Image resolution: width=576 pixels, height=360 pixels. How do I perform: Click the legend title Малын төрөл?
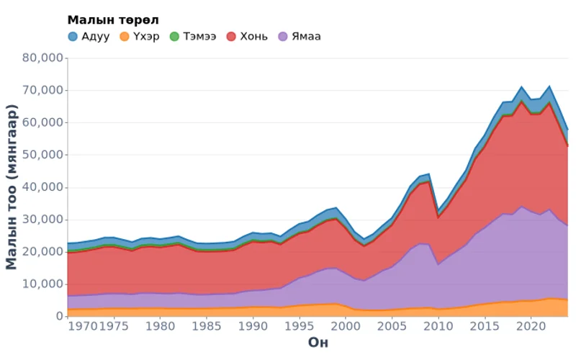click(113, 19)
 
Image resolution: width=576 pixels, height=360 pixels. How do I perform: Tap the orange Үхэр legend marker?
click(125, 36)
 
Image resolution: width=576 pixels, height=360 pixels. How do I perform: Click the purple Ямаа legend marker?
click(283, 36)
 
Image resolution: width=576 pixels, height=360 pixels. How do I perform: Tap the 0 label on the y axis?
click(58, 316)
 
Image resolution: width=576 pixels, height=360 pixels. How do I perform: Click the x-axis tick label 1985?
click(206, 326)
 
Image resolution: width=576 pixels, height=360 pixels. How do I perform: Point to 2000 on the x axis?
click(345, 326)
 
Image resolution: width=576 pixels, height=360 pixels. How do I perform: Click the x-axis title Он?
click(318, 342)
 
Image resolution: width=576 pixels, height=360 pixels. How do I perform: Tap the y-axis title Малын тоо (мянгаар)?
click(12, 186)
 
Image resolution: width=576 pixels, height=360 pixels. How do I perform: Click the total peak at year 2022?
click(549, 86)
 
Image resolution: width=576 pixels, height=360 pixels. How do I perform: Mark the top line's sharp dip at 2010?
click(438, 212)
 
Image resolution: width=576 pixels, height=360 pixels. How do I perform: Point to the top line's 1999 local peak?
click(336, 207)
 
